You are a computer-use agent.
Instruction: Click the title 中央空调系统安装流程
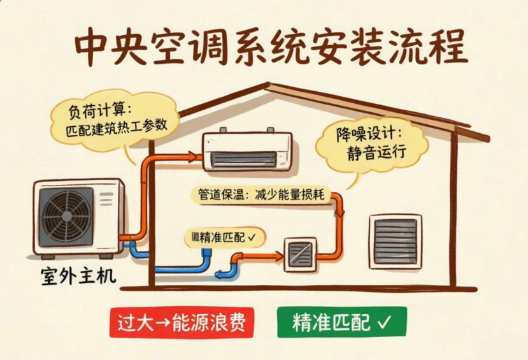(x=271, y=48)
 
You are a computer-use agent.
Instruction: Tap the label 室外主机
(x=78, y=276)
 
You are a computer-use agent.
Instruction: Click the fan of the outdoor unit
(x=66, y=217)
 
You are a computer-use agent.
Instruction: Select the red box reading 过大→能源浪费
(x=182, y=322)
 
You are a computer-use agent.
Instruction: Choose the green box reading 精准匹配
(x=342, y=322)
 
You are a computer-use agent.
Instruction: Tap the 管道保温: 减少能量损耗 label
(x=261, y=194)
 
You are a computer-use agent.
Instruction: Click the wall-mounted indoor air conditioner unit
(x=247, y=150)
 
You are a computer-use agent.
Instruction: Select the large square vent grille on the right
(x=396, y=241)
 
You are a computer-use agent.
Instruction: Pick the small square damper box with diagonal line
(x=301, y=255)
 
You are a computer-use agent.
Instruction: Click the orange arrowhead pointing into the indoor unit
(x=193, y=157)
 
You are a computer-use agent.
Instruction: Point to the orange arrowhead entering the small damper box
(x=279, y=257)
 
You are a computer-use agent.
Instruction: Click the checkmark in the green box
(x=384, y=322)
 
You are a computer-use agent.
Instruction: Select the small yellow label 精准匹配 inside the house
(x=224, y=238)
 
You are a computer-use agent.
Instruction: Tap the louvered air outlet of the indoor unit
(x=244, y=159)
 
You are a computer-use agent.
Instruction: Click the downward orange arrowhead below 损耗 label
(x=341, y=212)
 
